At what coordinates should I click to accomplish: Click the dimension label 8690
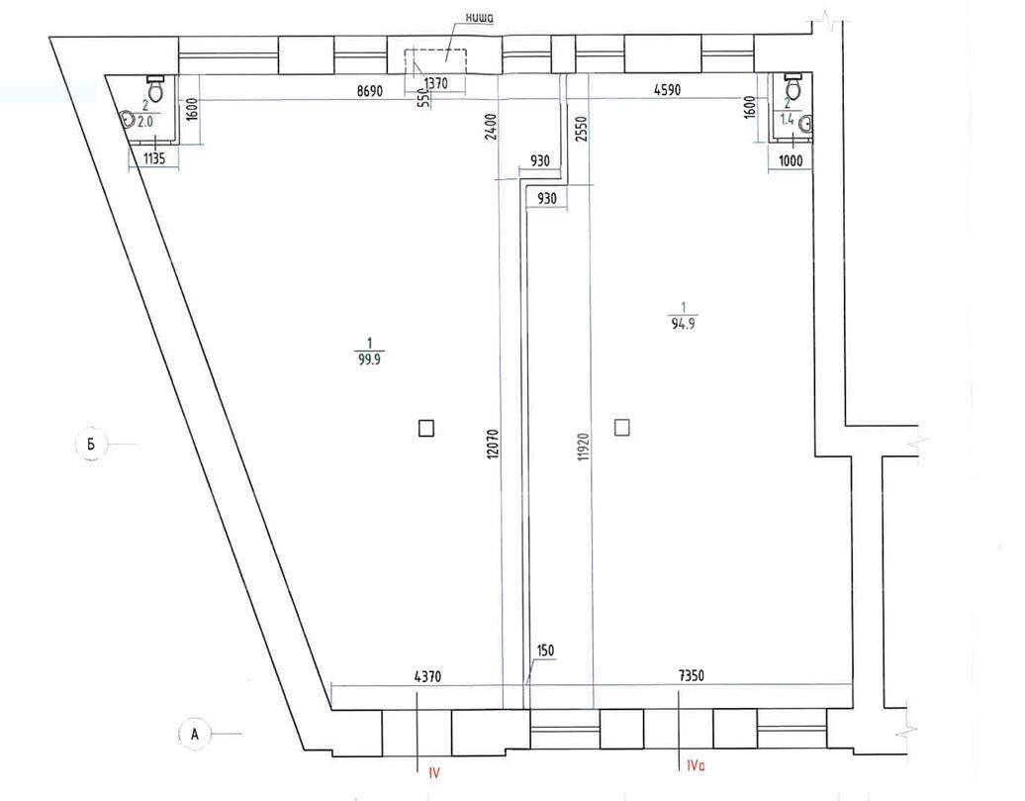point(369,90)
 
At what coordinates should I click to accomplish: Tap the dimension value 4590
point(668,90)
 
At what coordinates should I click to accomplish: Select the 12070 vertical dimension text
point(493,444)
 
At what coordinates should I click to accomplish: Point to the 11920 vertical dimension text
point(584,447)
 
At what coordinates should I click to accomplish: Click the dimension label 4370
point(428,676)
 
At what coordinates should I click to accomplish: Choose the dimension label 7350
point(691,676)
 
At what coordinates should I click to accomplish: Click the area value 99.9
point(369,359)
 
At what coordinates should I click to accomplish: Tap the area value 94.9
point(683,324)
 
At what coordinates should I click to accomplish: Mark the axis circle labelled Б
point(91,445)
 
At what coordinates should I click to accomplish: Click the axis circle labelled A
point(194,734)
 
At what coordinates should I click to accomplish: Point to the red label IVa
point(696,765)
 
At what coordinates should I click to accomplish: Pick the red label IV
point(434,773)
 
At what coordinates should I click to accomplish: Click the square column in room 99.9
point(426,428)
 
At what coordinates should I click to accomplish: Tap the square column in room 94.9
point(622,428)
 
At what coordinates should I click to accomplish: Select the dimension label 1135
point(153,158)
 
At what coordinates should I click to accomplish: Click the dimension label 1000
point(791,160)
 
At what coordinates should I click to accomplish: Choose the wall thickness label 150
point(545,651)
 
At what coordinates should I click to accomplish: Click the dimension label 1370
point(436,84)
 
